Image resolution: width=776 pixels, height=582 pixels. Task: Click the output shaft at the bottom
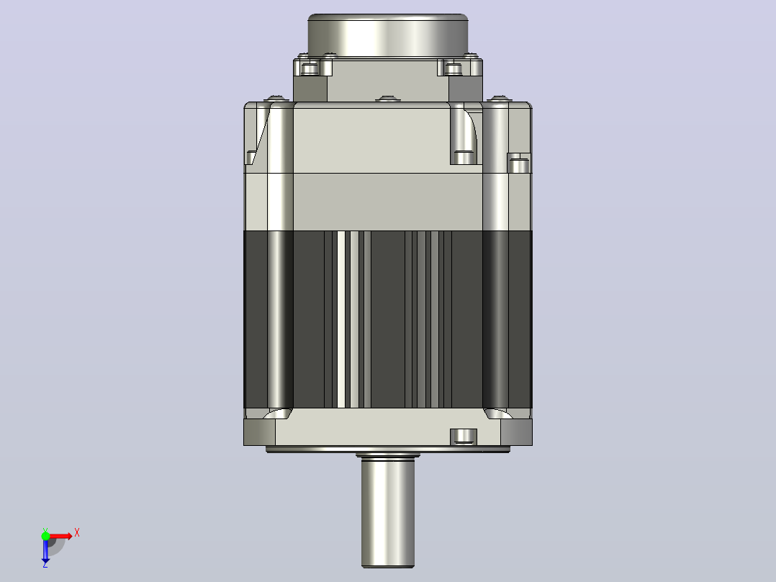[387, 512]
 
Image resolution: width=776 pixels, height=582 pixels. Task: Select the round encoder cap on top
[387, 35]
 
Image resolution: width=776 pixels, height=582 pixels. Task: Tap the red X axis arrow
[60, 537]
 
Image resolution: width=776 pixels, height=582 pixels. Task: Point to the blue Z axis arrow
[45, 550]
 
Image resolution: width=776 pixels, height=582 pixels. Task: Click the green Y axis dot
[45, 536]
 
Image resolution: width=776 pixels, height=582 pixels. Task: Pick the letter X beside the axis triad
[77, 533]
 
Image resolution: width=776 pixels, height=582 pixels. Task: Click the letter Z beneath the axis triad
[45, 564]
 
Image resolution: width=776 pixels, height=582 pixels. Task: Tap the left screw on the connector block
[310, 68]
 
